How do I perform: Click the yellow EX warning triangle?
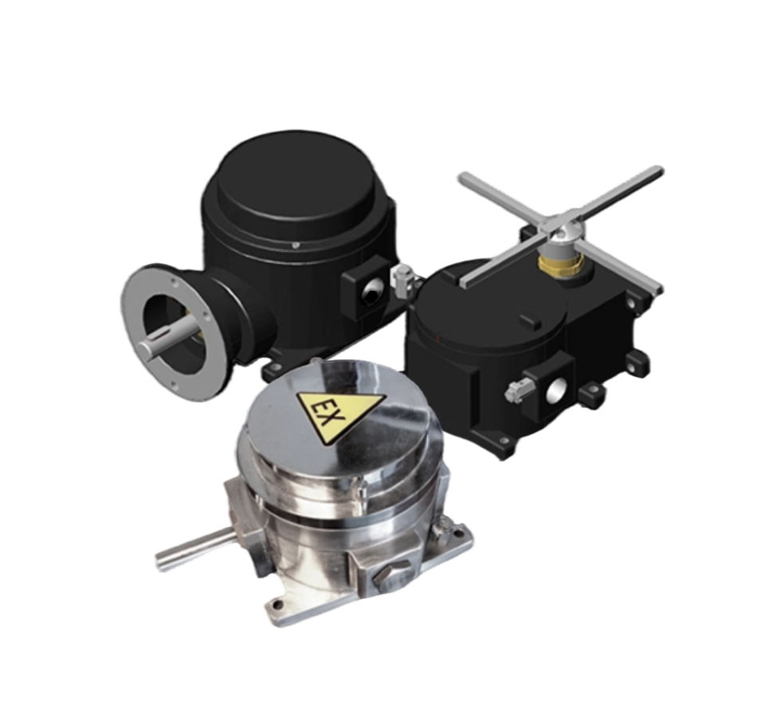point(339,413)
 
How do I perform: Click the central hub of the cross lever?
point(567,229)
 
